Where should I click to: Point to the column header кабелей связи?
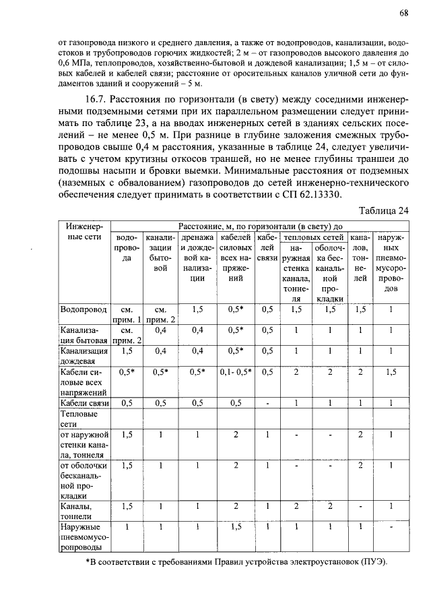[x=267, y=248]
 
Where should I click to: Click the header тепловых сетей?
[x=314, y=237]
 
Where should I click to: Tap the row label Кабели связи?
[x=84, y=403]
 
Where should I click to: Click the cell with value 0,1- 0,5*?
[x=236, y=371]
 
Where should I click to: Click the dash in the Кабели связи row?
[x=267, y=403]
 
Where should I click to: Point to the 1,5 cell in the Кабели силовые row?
[x=391, y=371]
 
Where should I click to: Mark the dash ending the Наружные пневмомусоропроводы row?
[x=391, y=525]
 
